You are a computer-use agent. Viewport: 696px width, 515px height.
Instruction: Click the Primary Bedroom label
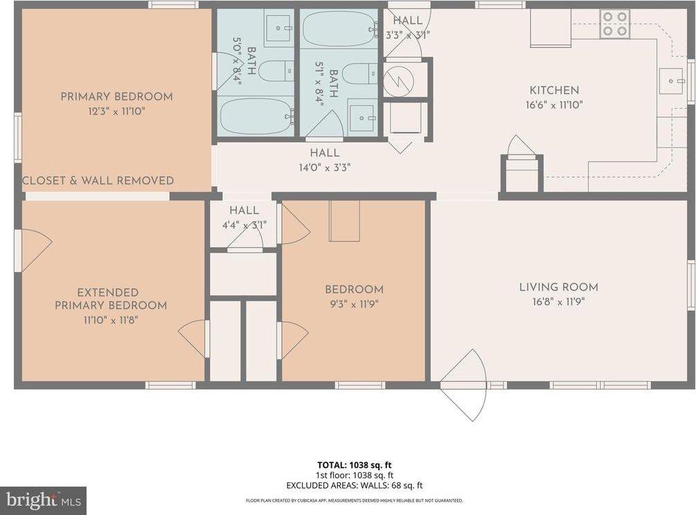click(x=117, y=96)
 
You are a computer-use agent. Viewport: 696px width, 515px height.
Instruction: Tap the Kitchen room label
click(x=555, y=90)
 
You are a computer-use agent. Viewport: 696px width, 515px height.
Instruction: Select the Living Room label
click(x=559, y=287)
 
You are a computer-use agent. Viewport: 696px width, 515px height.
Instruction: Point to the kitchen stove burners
click(x=616, y=24)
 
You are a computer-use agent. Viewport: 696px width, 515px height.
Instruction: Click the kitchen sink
click(x=672, y=81)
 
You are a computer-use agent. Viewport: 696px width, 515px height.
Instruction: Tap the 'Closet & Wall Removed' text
click(x=98, y=180)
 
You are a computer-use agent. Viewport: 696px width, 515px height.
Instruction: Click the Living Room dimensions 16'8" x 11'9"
click(x=559, y=302)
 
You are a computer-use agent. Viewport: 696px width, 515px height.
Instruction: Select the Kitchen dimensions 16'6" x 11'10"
click(x=555, y=105)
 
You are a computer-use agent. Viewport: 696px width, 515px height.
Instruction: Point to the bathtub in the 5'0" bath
click(x=255, y=116)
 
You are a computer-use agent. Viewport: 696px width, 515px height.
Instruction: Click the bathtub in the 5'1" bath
click(x=339, y=28)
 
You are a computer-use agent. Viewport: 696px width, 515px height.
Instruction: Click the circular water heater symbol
click(x=399, y=80)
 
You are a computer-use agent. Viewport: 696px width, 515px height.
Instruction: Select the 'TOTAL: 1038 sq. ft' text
click(x=355, y=465)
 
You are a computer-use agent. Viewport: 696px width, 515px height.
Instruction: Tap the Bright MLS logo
click(x=43, y=500)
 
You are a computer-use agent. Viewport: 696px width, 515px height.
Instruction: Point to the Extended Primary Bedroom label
click(x=111, y=299)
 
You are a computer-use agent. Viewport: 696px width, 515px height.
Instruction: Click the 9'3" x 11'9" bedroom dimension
click(x=354, y=304)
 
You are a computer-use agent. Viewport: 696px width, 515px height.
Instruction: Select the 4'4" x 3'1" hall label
click(x=244, y=225)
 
